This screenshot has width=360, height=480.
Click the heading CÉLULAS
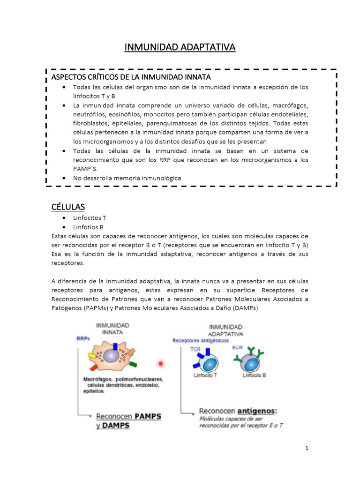[68, 207]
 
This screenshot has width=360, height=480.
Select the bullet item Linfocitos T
[90, 218]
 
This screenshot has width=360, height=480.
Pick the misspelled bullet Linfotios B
[89, 227]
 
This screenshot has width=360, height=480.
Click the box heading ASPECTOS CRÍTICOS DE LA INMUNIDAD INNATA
[131, 77]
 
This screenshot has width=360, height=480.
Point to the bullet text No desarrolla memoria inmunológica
[127, 178]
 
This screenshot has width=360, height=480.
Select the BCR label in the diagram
[237, 348]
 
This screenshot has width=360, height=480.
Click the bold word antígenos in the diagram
[257, 411]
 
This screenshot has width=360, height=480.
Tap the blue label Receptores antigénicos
[201, 341]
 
